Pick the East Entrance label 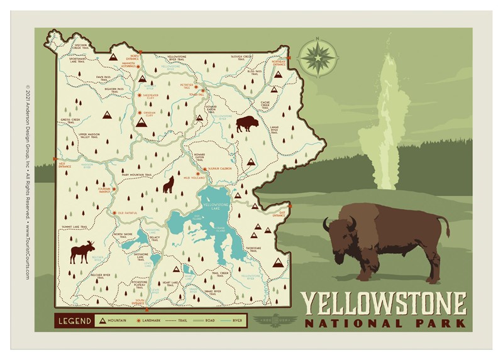click(x=282, y=214)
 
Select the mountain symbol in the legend click(x=101, y=321)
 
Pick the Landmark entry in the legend click(x=152, y=321)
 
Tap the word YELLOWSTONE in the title click(x=385, y=306)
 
